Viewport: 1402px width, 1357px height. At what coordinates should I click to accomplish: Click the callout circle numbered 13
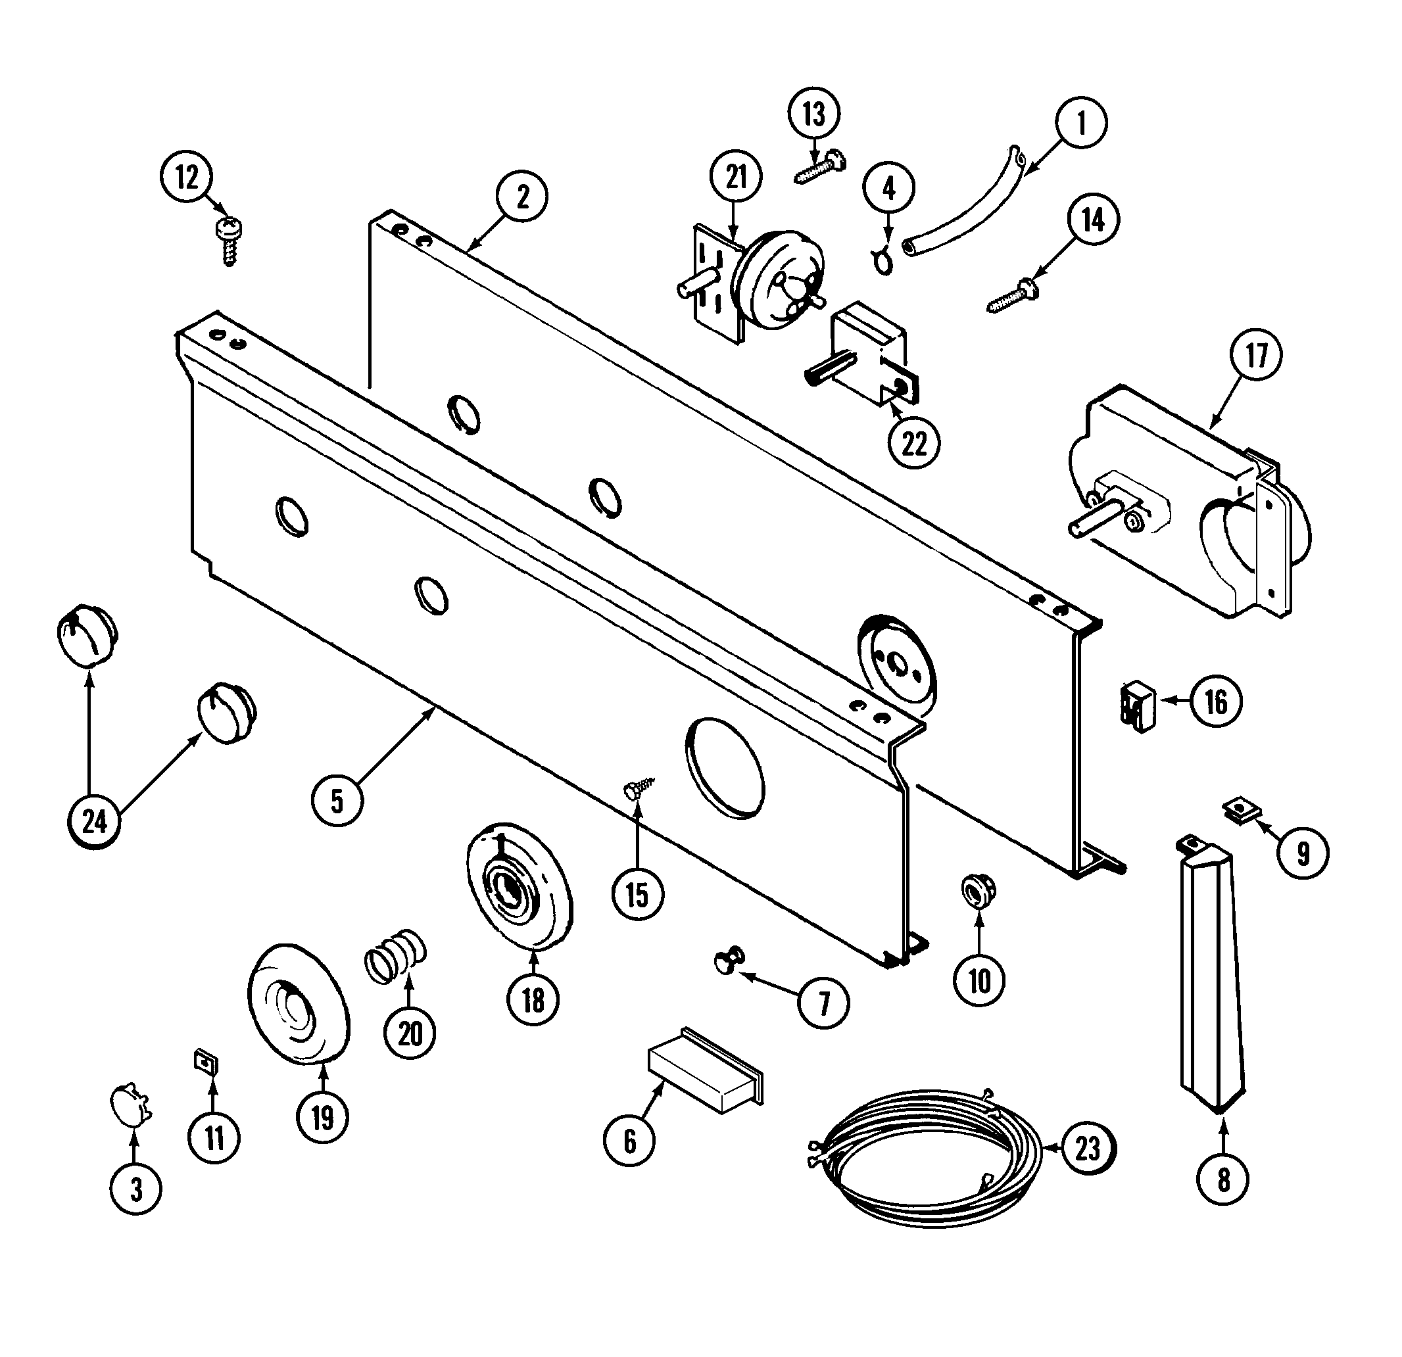click(x=814, y=114)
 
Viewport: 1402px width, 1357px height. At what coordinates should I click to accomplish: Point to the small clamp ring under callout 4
click(x=883, y=262)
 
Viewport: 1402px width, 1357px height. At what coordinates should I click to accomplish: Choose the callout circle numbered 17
click(x=1257, y=356)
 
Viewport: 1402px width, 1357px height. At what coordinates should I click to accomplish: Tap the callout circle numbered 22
click(x=914, y=444)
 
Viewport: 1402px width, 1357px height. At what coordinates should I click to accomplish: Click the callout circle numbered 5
click(x=337, y=801)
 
